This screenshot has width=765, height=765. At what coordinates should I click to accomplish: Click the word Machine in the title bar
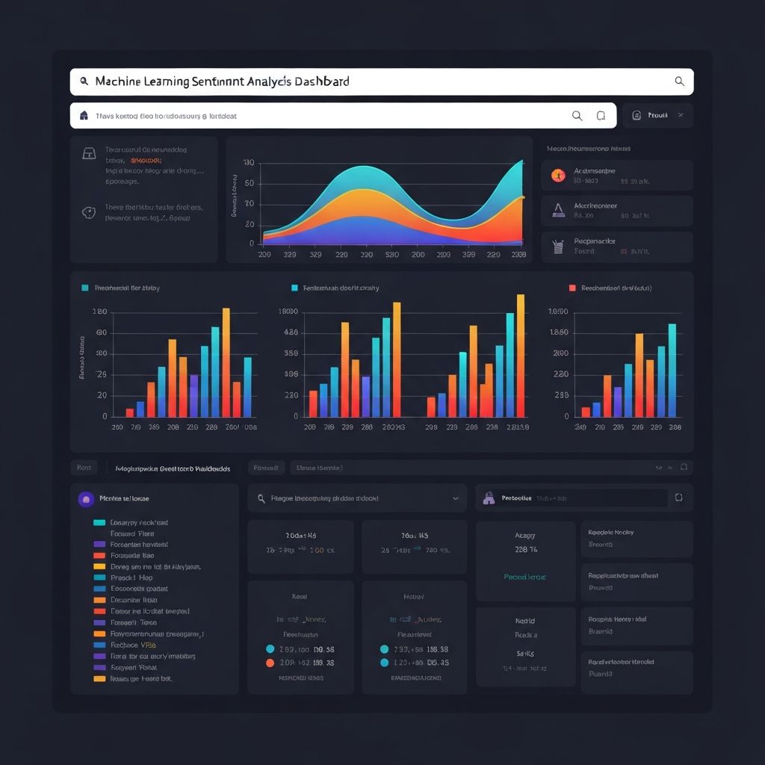pyautogui.click(x=122, y=81)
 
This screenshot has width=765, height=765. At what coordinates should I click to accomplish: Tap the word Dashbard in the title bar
pyautogui.click(x=322, y=81)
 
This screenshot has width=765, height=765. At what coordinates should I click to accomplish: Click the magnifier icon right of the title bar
pyautogui.click(x=679, y=81)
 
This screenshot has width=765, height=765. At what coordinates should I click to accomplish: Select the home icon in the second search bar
pyautogui.click(x=84, y=116)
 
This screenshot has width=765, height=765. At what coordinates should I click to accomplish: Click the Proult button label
pyautogui.click(x=657, y=116)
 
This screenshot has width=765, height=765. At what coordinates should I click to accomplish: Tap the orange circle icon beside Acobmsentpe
pyautogui.click(x=557, y=176)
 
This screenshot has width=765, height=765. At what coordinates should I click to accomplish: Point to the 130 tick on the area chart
pyautogui.click(x=249, y=163)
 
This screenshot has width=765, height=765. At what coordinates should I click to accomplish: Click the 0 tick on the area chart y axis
pyautogui.click(x=251, y=244)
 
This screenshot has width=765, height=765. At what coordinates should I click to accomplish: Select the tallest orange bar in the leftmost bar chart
pyautogui.click(x=226, y=362)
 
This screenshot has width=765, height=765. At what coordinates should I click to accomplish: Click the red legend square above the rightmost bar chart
pyautogui.click(x=572, y=288)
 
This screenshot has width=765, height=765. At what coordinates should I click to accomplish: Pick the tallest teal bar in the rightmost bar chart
pyautogui.click(x=672, y=370)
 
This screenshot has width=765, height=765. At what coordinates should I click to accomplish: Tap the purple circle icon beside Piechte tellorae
pyautogui.click(x=86, y=498)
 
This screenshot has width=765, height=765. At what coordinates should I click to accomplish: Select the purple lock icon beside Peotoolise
pyautogui.click(x=489, y=498)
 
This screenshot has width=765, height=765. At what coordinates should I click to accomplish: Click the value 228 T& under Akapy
pyautogui.click(x=526, y=550)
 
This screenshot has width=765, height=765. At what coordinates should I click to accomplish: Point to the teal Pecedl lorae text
pyautogui.click(x=524, y=577)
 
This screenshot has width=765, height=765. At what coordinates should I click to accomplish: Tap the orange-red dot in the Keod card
pyautogui.click(x=270, y=663)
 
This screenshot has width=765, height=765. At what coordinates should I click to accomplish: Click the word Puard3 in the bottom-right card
pyautogui.click(x=600, y=674)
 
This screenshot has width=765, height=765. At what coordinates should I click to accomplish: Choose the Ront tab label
pyautogui.click(x=84, y=468)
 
